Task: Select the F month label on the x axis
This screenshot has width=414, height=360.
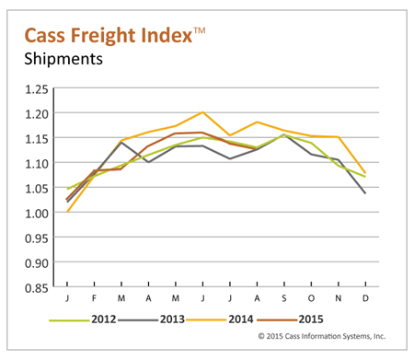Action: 96,299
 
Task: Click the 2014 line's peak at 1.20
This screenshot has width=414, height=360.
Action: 202,112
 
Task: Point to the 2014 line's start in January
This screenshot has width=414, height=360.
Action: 68,212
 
